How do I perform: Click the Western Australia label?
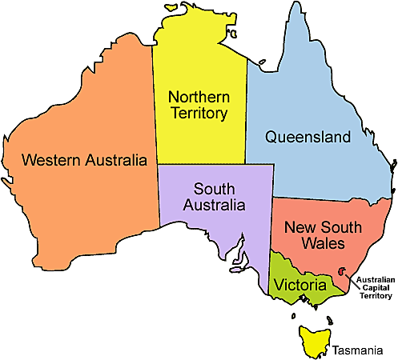coord(84,159)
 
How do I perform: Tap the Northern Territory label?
coord(198,105)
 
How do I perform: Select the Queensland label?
coord(308,138)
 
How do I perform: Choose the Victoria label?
coord(300,285)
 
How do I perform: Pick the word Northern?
coord(198,96)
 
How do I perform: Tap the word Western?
coord(52,159)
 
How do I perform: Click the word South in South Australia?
coord(214,188)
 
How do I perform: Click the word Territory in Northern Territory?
coord(198,114)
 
